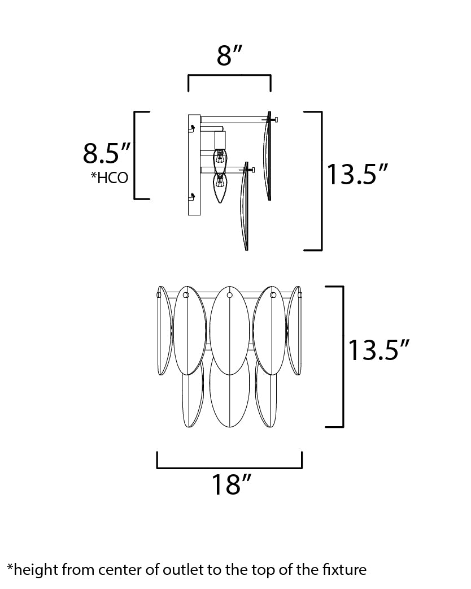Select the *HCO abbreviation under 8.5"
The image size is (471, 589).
tap(110, 177)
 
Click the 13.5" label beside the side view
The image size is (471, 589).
tap(356, 174)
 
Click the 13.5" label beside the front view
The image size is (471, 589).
tap(378, 350)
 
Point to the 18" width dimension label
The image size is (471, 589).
tap(231, 484)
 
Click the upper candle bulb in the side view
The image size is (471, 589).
tap(220, 159)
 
